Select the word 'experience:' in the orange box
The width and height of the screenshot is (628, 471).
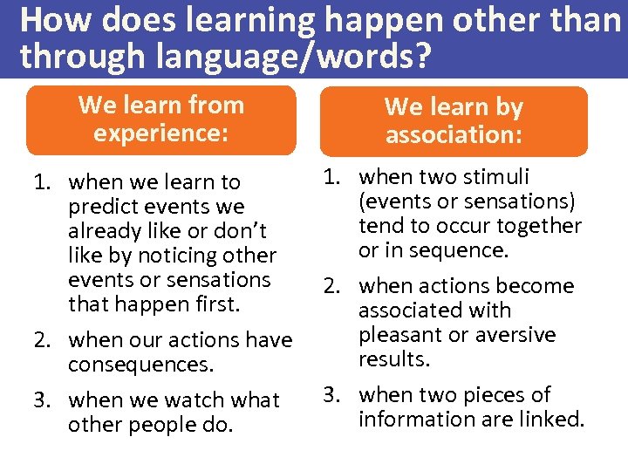click(x=161, y=133)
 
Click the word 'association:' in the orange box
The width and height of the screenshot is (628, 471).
click(x=454, y=135)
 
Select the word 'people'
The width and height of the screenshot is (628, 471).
click(x=158, y=425)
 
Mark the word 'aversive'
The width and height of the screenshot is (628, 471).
click(x=514, y=335)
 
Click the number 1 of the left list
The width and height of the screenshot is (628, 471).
click(x=40, y=182)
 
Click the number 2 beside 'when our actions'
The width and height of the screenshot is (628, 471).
click(x=40, y=339)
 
